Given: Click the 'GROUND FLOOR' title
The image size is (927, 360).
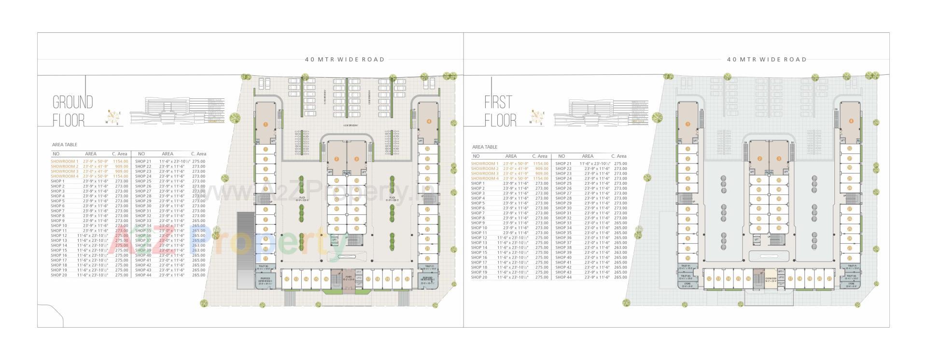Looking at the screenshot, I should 72,111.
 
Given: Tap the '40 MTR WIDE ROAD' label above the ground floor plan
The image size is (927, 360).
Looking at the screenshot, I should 345,60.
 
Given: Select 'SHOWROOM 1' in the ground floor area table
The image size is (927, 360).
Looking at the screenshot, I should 64,161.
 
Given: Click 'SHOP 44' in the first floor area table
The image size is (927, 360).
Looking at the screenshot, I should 563,277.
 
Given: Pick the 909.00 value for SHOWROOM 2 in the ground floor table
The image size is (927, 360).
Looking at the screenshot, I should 121,166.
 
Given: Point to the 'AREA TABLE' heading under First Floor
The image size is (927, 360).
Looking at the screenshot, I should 485,147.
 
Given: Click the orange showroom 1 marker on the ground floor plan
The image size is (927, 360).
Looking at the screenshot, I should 265,124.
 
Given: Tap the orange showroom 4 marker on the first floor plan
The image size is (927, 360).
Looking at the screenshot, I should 851,121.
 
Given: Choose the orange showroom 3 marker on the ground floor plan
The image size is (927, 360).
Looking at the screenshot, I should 357,159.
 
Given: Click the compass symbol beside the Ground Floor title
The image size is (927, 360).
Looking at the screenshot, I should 114,117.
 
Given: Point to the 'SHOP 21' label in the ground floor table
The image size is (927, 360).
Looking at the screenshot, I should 143,161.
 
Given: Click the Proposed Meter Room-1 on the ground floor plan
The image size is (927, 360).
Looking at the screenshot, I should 265,281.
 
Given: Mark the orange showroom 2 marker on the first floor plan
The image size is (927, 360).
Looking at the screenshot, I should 759,159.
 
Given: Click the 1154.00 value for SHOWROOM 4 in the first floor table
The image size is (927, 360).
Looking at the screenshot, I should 541,179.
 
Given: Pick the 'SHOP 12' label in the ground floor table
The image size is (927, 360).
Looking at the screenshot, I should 59,235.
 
